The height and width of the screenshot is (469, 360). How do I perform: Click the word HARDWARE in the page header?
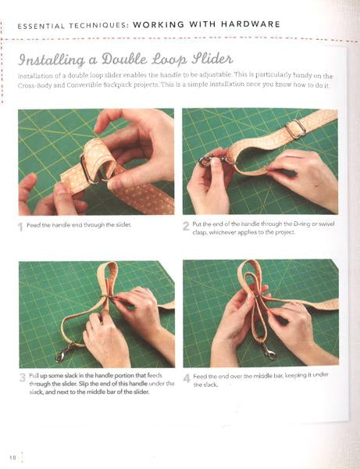251,24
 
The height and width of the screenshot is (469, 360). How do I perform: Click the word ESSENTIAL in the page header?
41,26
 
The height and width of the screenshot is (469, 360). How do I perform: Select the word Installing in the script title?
52,61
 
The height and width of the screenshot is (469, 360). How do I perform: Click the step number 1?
20,227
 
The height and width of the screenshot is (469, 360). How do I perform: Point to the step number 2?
186,226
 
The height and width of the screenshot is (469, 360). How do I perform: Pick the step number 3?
23,378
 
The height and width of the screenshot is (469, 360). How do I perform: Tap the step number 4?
187,378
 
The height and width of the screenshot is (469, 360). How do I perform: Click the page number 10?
12,457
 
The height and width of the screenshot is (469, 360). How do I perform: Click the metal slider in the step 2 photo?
296,129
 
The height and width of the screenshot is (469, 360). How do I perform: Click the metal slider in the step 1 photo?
91,168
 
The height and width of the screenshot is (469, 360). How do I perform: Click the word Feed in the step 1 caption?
32,225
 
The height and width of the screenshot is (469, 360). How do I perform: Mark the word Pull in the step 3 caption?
33,375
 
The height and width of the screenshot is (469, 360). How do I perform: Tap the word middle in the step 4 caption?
262,376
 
